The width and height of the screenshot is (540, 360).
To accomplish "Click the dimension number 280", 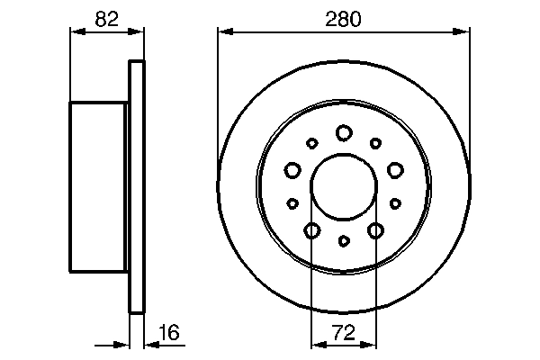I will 344,18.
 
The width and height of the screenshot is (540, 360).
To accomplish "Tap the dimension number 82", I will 107,18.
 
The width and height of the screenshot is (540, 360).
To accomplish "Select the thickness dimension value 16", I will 168,332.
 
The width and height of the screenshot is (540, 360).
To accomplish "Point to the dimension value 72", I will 343,332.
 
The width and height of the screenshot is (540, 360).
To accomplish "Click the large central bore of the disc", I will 343,187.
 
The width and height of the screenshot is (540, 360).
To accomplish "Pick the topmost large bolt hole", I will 343,133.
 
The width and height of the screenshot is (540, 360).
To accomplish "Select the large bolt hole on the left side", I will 292,169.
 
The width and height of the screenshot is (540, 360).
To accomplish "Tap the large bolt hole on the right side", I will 394,169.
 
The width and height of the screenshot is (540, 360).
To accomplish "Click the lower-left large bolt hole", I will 311,231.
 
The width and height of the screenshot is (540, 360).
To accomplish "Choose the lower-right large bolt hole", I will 375,231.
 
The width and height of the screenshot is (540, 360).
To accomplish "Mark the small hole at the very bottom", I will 343,241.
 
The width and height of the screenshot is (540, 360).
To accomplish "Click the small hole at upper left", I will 311,142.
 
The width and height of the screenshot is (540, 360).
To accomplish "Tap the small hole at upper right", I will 375,142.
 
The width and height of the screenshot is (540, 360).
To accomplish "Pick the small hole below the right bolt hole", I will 395,203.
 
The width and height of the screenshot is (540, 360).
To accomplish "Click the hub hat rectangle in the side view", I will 99,187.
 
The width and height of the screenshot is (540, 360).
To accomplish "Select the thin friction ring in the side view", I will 137,187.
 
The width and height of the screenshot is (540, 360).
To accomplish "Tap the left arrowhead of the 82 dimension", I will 76,31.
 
